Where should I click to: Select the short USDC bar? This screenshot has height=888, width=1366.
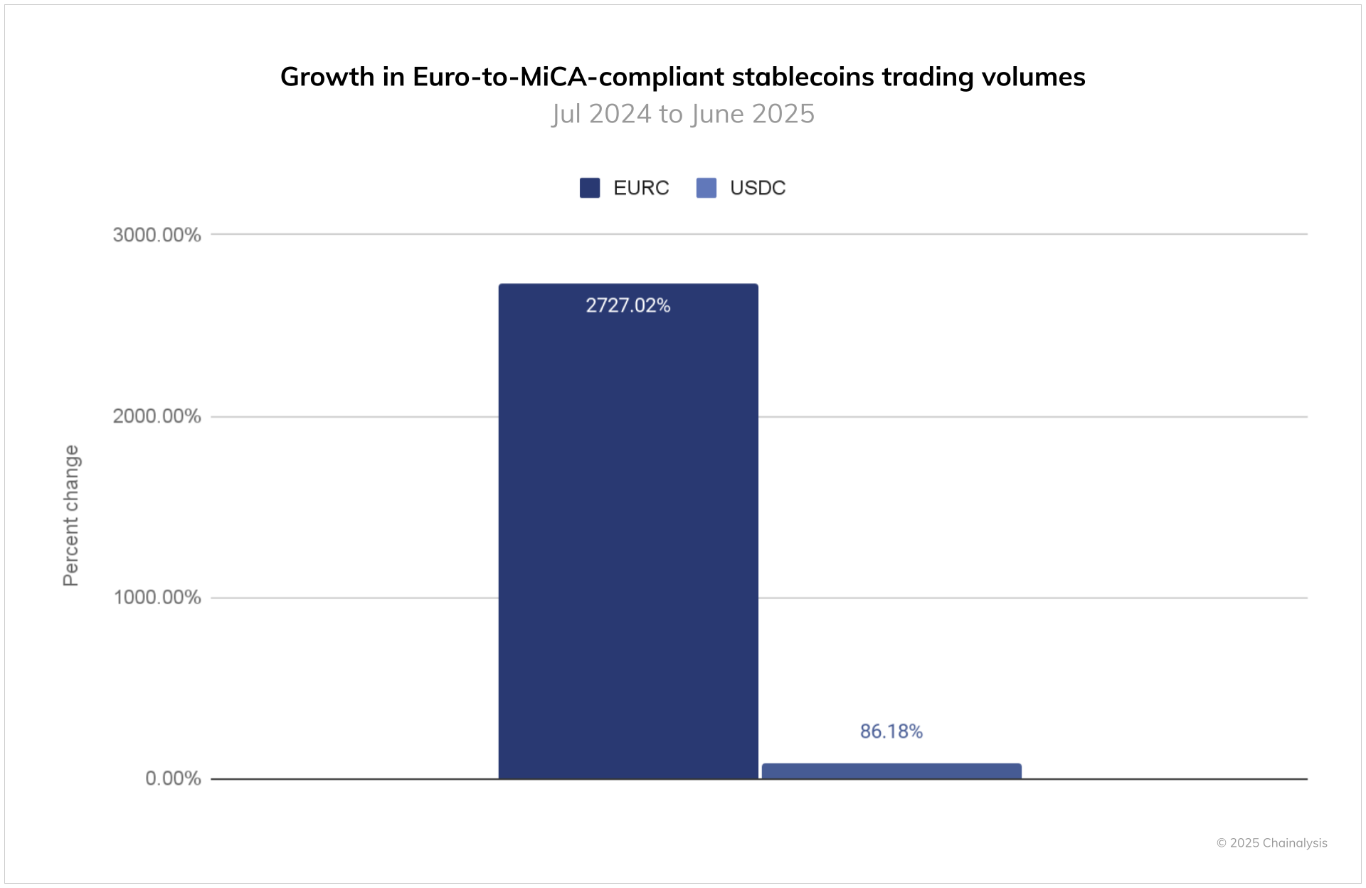891,771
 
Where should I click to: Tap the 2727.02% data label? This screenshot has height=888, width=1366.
628,305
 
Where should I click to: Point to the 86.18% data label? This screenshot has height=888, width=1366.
891,731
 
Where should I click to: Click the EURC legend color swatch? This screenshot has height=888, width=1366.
590,188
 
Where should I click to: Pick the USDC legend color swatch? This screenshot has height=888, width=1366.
706,188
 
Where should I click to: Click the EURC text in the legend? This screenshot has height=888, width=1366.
641,188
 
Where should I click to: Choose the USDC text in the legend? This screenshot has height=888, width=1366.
758,188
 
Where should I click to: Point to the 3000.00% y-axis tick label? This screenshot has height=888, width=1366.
157,235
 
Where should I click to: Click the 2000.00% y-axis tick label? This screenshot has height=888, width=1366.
157,416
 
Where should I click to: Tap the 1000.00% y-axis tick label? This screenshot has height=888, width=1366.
157,597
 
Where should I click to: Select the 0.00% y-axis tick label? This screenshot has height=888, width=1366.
173,778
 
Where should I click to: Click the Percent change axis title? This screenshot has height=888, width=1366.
71,515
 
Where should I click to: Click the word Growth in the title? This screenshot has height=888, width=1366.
327,77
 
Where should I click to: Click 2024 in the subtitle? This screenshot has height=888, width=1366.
620,114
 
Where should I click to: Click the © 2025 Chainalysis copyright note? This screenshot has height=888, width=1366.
1271,843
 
